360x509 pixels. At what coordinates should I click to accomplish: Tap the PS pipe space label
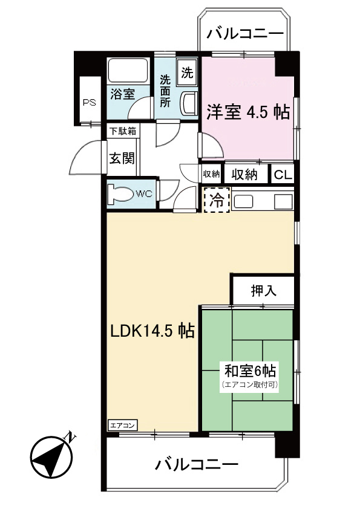coord(90,101)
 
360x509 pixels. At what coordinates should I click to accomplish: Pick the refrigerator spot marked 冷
coord(216,201)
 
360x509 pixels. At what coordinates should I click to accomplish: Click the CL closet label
coord(283,175)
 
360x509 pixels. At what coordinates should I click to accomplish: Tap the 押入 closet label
coord(263,291)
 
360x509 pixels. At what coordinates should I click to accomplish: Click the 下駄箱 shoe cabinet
coord(122,131)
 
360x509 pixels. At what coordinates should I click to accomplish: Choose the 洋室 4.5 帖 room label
coord(248,112)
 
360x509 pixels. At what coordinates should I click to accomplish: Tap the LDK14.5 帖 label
coord(151,331)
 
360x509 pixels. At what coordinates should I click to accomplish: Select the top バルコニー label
coord(244,33)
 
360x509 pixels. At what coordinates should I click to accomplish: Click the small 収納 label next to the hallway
coord(211,174)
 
